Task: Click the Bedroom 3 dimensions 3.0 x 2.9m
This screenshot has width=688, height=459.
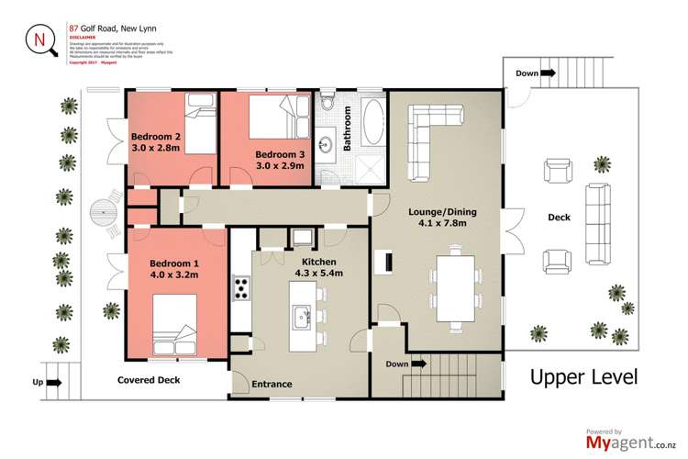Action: pyautogui.click(x=279, y=168)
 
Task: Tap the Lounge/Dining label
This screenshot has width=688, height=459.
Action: pyautogui.click(x=442, y=213)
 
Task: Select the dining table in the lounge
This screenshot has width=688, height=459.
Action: pyautogui.click(x=456, y=289)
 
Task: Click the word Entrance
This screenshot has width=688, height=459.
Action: pyautogui.click(x=272, y=385)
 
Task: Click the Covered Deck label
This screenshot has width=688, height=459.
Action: pyautogui.click(x=149, y=380)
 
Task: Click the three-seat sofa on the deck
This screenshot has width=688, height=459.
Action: pyautogui.click(x=597, y=217)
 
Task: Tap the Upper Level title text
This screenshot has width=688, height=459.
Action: pyautogui.click(x=583, y=377)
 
